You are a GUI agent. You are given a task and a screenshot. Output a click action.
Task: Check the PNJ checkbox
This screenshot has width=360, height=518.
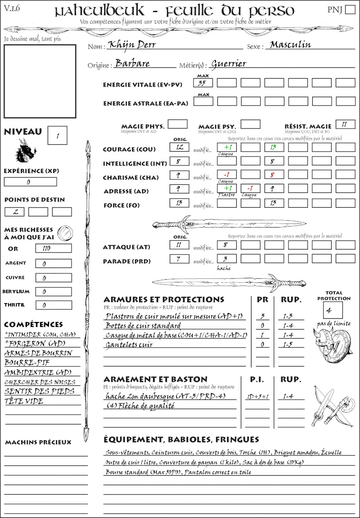coord(349,10)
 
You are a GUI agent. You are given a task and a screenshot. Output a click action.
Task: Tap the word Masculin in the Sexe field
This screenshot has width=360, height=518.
coord(290,45)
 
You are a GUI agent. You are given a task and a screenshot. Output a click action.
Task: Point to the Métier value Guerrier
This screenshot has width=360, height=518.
coord(229,64)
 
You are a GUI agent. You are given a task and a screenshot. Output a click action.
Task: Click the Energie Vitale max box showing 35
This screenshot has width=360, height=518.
coord(203,83)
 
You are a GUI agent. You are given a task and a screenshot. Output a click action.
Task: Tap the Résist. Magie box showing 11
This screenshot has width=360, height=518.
coord(345,125)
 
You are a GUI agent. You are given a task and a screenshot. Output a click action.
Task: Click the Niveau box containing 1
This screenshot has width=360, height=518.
coord(58,135)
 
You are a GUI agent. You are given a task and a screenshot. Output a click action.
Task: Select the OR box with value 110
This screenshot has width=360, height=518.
coord(53,248)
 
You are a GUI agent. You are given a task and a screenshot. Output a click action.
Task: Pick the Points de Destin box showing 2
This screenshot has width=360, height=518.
coord(14,212)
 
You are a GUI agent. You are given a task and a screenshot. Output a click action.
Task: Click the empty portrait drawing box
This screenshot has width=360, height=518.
coord(40,81)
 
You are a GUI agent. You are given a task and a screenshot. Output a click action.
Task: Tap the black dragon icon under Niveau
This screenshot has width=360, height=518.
coord(25,151)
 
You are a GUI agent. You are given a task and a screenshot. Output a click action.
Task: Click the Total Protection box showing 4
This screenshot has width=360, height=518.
coord(333,310)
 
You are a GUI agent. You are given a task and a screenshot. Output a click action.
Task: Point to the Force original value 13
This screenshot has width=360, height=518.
coord(179,204)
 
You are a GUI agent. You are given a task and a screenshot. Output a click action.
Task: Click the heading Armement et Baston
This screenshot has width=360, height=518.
coord(155,380)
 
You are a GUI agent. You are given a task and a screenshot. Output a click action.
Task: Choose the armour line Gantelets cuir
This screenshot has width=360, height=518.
coord(129,345)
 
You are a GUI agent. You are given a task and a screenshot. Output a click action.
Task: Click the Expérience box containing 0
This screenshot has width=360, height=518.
coord(30,182)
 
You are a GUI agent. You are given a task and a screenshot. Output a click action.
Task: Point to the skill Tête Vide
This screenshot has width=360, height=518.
coord(24,401)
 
